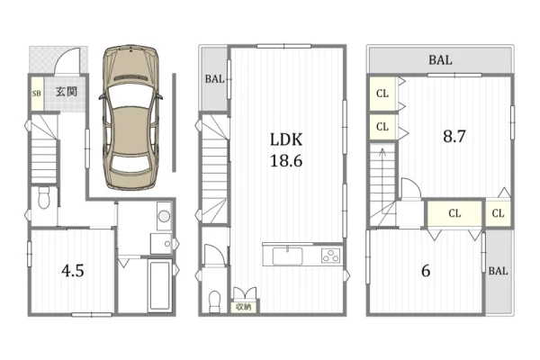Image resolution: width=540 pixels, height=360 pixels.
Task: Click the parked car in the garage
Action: click(131, 117)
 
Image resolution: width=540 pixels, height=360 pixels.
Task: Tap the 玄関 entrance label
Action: click(66, 92)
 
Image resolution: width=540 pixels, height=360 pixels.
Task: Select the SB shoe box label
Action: click(37, 94)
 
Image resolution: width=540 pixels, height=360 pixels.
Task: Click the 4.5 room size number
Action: click(73, 271)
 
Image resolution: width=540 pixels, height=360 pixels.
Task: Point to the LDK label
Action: click(286, 139)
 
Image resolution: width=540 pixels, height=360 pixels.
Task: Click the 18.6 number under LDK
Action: click(286, 161)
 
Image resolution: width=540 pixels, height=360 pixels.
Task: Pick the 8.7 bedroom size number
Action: click(454, 137)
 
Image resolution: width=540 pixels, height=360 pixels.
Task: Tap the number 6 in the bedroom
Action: click(426, 271)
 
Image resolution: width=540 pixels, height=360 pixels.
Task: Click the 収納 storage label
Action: click(244, 307)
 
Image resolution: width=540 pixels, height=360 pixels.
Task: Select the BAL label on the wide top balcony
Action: click(440, 60)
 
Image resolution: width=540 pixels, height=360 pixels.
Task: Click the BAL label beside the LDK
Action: click(214, 79)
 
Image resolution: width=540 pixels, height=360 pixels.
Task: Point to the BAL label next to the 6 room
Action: click(498, 271)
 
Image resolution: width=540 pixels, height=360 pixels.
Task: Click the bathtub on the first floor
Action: click(159, 285)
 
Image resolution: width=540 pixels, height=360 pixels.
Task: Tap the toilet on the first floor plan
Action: click(44, 198)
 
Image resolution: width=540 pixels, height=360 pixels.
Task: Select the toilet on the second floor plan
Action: click(215, 301)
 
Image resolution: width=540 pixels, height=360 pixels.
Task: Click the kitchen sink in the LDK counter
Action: click(288, 256)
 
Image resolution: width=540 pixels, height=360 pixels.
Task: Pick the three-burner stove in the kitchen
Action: click(330, 256)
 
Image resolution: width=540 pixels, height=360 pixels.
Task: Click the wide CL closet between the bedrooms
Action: click(454, 213)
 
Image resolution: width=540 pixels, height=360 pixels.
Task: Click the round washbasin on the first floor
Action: click(165, 216)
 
